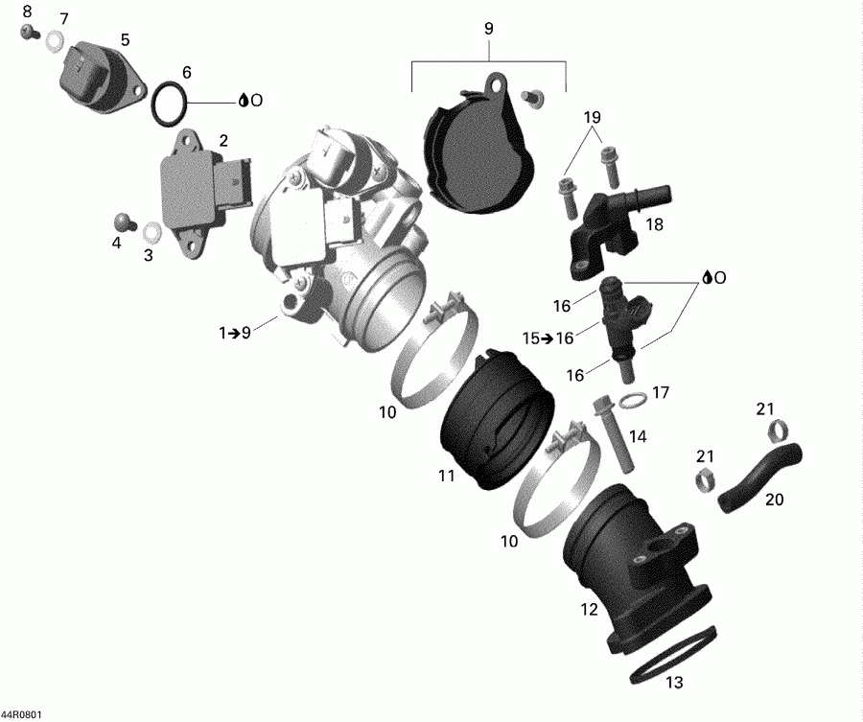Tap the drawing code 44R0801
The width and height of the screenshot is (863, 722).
(x=20, y=714)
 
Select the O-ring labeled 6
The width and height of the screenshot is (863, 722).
(x=169, y=103)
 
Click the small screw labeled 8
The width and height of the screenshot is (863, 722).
(x=28, y=32)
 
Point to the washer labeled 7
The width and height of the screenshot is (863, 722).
(x=55, y=40)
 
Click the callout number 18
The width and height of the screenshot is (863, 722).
(x=655, y=225)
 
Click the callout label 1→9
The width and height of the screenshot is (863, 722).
(x=234, y=333)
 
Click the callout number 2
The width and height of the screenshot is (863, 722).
(x=222, y=140)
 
